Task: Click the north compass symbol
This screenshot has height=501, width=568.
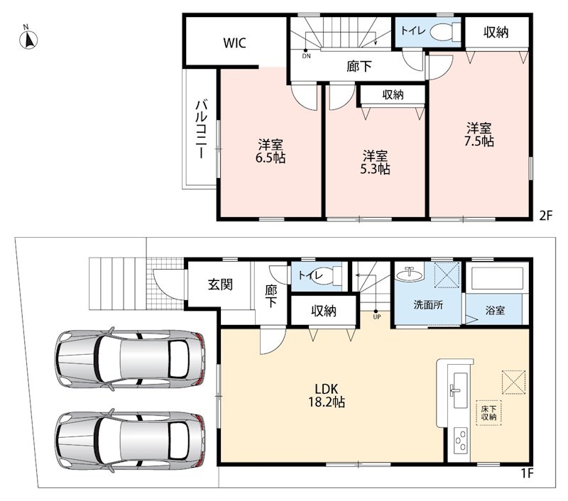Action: pos(28,38)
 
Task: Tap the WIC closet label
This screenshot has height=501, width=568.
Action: pos(234,43)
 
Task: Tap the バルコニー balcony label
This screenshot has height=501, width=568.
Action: pos(201,129)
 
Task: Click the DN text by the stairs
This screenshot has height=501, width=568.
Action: pos(307,56)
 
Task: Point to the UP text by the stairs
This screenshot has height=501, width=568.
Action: pos(377,316)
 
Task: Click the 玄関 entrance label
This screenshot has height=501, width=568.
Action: pos(220,285)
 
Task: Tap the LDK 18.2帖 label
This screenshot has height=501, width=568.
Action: pos(327,395)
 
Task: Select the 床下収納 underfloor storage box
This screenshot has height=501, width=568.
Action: pos(488,413)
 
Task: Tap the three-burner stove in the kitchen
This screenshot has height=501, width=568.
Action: pos(461,440)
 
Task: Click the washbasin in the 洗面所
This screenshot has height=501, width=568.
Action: pos(410,275)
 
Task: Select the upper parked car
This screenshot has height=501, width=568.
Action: pos(130,359)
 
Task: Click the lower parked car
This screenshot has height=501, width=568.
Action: pos(130,441)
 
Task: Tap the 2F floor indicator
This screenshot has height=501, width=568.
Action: pos(546,216)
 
